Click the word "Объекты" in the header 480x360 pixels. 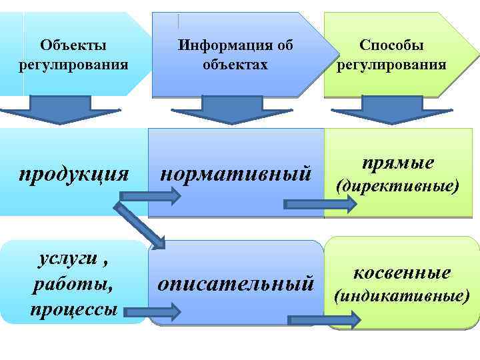tap(73, 45)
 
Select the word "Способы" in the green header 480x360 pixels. tap(391, 45)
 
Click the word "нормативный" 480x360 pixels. tap(236, 175)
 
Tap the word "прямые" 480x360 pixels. tap(398, 163)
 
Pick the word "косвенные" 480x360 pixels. tap(402, 273)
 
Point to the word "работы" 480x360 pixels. tap(73, 285)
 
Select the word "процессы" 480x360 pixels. tap(73, 309)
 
